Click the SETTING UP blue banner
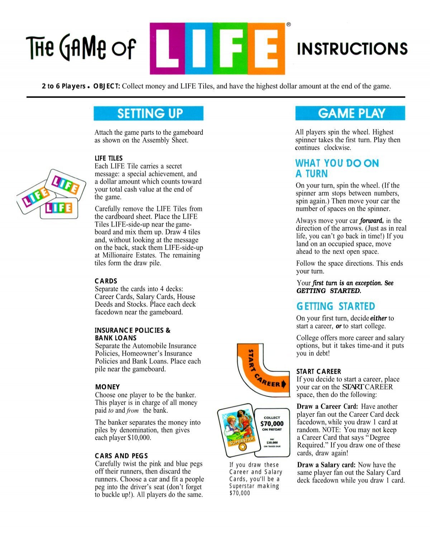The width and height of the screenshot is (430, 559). (148, 113)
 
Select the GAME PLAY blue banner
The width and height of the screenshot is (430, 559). (350, 113)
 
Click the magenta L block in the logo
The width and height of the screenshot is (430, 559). (167, 48)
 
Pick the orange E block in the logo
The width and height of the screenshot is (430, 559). (266, 48)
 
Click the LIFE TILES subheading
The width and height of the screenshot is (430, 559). (109, 158)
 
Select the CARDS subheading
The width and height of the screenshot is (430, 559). (106, 281)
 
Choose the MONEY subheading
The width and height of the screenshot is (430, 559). (107, 387)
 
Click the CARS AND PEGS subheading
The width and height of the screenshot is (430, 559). (121, 456)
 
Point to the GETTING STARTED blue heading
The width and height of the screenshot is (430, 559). (335, 307)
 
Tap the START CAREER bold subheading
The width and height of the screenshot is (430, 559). (319, 371)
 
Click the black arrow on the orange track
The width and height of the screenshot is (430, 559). (284, 385)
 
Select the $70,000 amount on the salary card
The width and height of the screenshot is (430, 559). (272, 423)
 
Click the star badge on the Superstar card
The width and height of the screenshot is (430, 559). (243, 447)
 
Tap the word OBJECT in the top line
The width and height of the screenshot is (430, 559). (106, 86)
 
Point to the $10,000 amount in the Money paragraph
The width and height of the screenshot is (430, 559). (139, 438)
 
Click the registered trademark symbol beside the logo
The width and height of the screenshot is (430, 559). (289, 25)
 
